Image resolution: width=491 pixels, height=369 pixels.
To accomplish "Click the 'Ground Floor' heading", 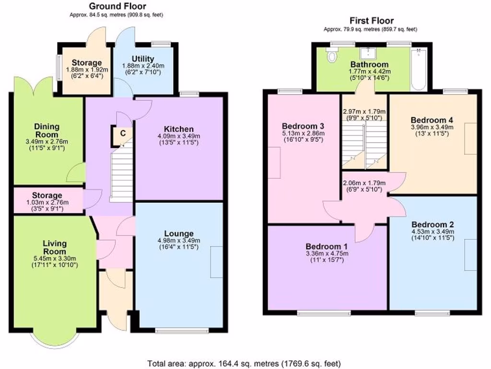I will (117, 6).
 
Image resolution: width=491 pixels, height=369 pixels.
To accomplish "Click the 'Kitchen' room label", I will (179, 129).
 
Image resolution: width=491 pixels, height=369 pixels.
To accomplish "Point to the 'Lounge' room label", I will (179, 234).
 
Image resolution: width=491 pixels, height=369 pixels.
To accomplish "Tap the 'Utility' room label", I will (143, 59).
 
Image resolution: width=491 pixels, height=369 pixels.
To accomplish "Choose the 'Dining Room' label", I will (47, 130).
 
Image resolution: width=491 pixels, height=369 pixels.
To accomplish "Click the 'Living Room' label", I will (54, 247).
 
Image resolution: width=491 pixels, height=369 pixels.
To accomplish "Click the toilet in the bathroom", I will (331, 57).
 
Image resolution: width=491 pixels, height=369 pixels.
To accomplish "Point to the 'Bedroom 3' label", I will (301, 126).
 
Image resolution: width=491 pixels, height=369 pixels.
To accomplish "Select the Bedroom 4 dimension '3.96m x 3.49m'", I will (432, 127).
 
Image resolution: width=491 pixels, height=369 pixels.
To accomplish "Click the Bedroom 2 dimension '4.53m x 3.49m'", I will (433, 232).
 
